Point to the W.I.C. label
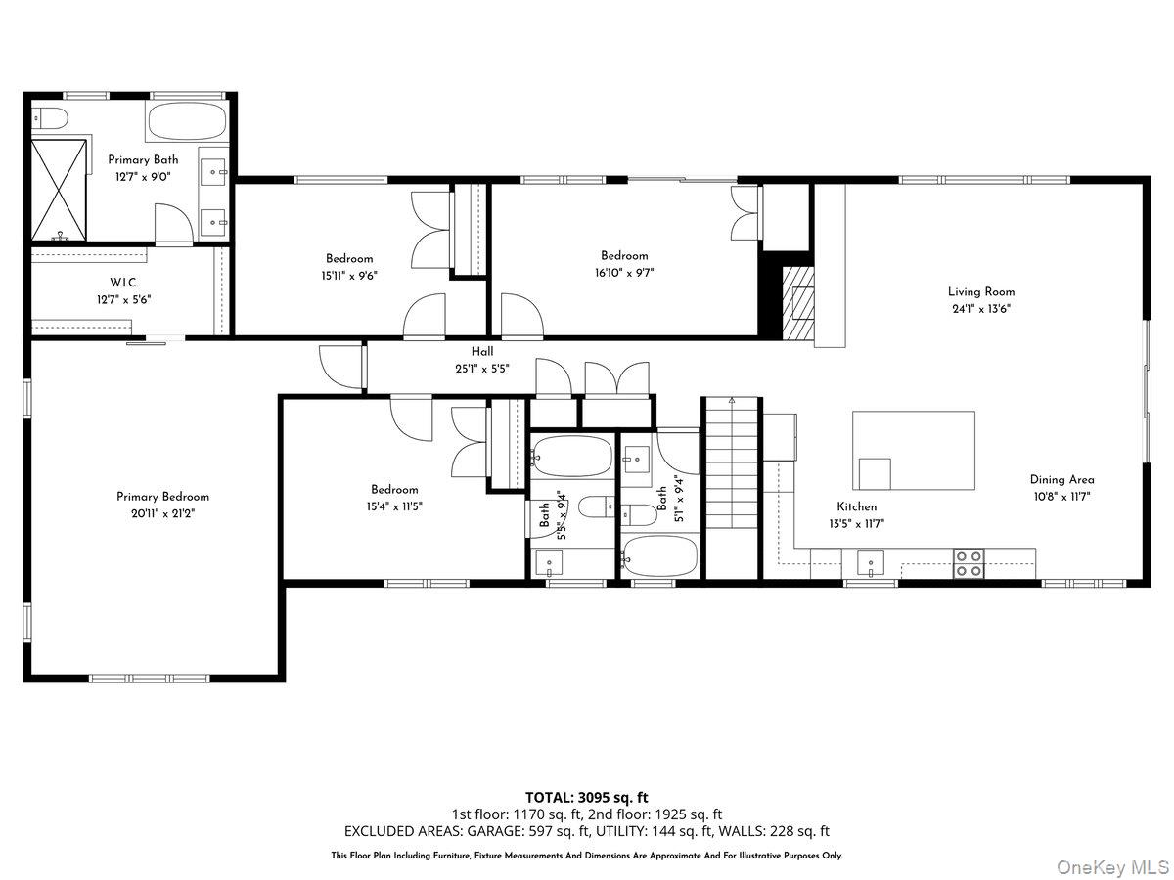coord(123,283)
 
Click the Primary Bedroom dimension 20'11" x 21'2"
coord(162,512)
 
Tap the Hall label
coord(482,352)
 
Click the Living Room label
coord(980,291)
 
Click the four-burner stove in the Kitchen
coord(969,562)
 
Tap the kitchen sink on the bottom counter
coord(870,563)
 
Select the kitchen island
coord(914,450)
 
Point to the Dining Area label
coord(1061,479)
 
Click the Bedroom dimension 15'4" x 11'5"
coord(394,506)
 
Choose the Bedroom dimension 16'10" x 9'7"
coord(624,273)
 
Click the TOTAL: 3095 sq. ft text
coord(587,797)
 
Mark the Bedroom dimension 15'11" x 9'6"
coord(349,276)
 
